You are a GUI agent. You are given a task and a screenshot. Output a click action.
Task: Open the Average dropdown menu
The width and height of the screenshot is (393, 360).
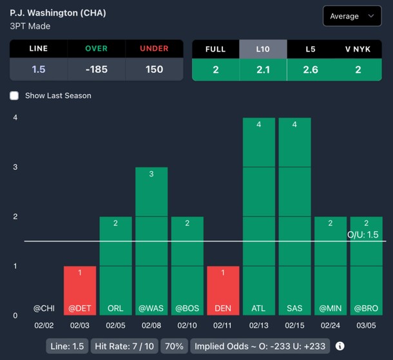tap(352, 16)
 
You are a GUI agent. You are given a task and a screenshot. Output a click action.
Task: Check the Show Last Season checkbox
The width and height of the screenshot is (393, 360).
tap(15, 95)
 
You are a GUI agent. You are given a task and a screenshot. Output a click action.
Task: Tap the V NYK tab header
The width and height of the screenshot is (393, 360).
tap(358, 49)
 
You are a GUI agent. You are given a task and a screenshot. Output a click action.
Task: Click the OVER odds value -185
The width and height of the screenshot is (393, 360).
tap(102, 70)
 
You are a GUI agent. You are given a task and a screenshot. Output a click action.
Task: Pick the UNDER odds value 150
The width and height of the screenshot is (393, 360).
tap(154, 70)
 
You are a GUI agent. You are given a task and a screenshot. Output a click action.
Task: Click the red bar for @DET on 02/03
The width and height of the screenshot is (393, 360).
tap(80, 290)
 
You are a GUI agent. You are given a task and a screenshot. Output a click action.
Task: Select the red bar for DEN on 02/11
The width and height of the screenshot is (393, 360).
tap(223, 290)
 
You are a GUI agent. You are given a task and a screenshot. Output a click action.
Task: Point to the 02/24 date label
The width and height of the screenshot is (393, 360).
tap(331, 327)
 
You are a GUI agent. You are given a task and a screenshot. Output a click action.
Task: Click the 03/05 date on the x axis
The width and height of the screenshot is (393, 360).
tap(366, 327)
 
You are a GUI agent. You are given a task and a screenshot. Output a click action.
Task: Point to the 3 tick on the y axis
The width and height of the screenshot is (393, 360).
tap(15, 167)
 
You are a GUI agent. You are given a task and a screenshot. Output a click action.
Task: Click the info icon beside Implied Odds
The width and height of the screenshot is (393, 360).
tap(340, 346)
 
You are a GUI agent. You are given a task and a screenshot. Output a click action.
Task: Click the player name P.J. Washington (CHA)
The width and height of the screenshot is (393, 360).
tap(58, 13)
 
